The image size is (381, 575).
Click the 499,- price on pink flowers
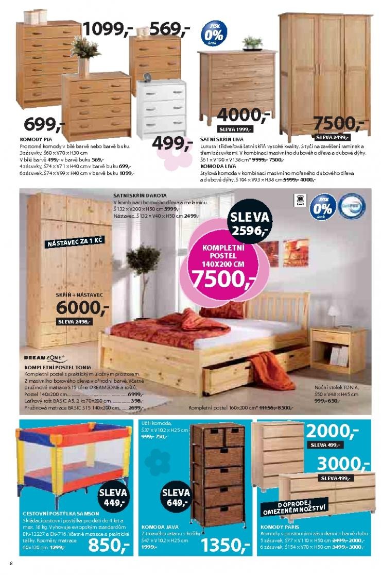point(172,143)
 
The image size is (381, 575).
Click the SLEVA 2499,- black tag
point(332,137)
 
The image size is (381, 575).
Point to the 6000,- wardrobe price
point(82,307)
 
